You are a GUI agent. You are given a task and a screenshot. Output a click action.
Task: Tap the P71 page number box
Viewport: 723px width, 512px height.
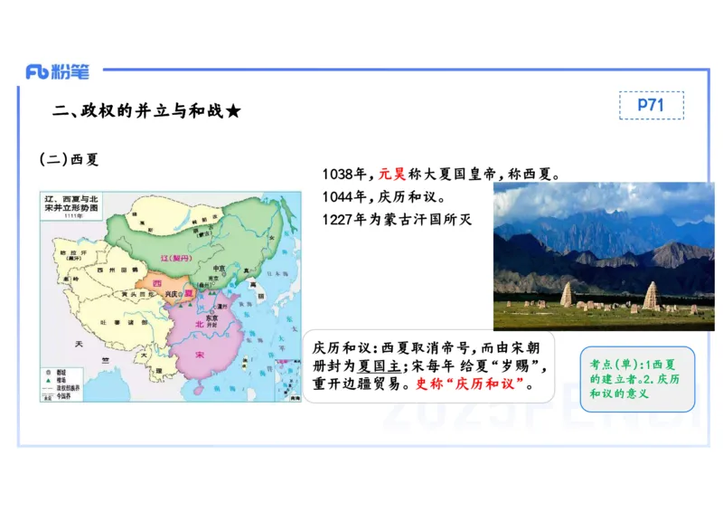coord(651,105)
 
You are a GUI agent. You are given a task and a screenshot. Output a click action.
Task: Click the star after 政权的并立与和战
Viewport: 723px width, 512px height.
coord(233,111)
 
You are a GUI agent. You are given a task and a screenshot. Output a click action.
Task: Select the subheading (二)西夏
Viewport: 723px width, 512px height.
coord(69,159)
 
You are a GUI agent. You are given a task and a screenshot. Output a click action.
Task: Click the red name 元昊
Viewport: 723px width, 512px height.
coord(392,174)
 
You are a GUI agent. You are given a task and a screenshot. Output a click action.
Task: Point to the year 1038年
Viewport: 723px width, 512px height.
coord(343,174)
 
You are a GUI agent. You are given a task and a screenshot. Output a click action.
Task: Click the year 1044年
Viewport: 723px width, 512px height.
coord(343,197)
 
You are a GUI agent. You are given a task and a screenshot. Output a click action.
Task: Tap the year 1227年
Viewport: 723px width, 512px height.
coord(343,220)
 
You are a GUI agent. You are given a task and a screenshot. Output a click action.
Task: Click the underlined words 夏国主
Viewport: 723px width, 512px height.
coord(377,366)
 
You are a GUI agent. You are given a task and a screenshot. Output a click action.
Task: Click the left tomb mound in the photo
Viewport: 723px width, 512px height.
coord(567,294)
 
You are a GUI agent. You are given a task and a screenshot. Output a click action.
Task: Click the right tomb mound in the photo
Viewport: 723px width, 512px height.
coord(652,294)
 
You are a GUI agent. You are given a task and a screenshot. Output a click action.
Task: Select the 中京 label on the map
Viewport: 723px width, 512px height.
coord(217,268)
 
